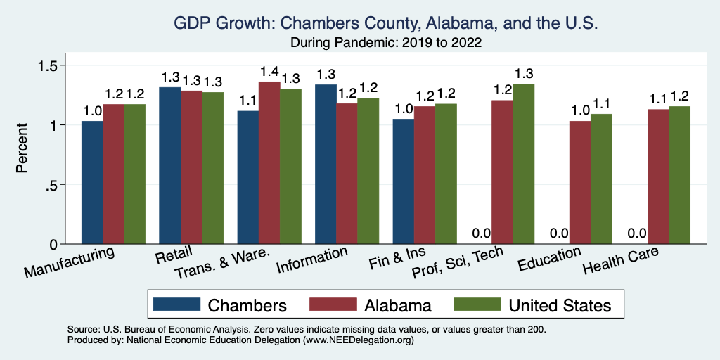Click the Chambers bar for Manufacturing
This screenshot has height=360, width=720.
point(92,183)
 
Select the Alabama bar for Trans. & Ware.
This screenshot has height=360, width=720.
point(269,163)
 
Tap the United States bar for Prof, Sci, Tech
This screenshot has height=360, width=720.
point(524,164)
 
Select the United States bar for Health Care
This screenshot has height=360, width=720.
point(679,175)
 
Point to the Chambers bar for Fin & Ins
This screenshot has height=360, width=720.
point(403,181)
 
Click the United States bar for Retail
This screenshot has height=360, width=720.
point(213,168)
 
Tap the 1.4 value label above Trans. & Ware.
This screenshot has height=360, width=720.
point(269,72)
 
